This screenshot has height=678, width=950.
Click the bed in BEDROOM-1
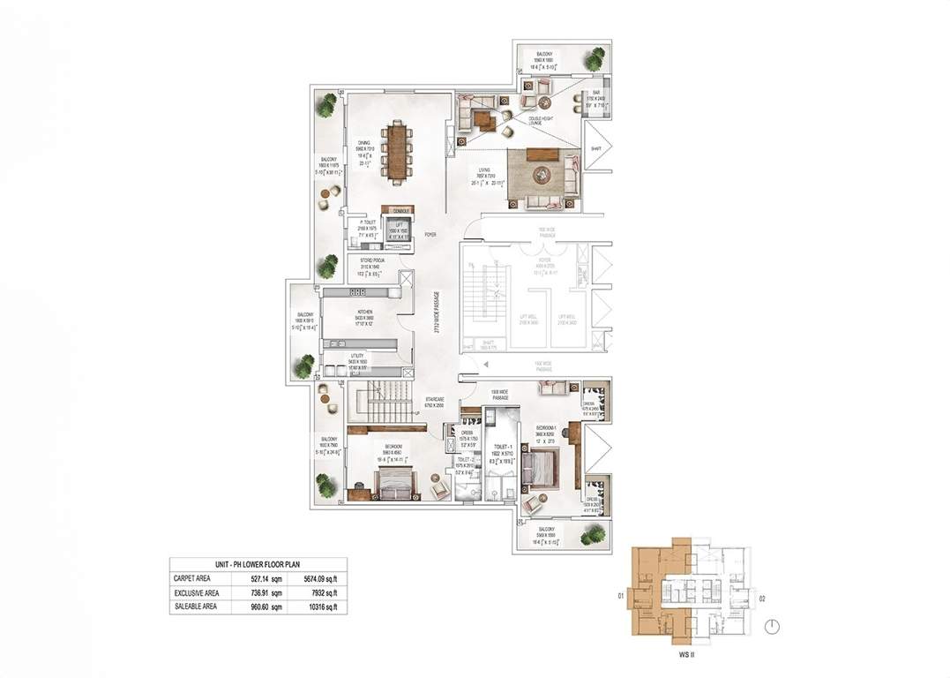[542, 465]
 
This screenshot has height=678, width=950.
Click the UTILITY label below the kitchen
[356, 361]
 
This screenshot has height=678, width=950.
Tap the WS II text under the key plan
[678, 656]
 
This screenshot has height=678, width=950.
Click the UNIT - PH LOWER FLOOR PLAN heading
[258, 565]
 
